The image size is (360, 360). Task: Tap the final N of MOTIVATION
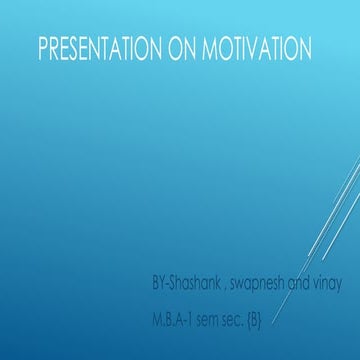[x=303, y=48]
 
